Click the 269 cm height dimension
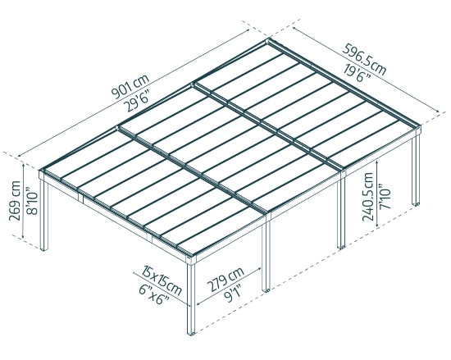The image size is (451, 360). pos(10,199)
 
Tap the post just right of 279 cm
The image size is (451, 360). pos(266,254)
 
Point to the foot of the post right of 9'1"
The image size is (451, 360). pos(267,290)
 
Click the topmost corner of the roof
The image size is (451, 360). pos(269,39)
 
